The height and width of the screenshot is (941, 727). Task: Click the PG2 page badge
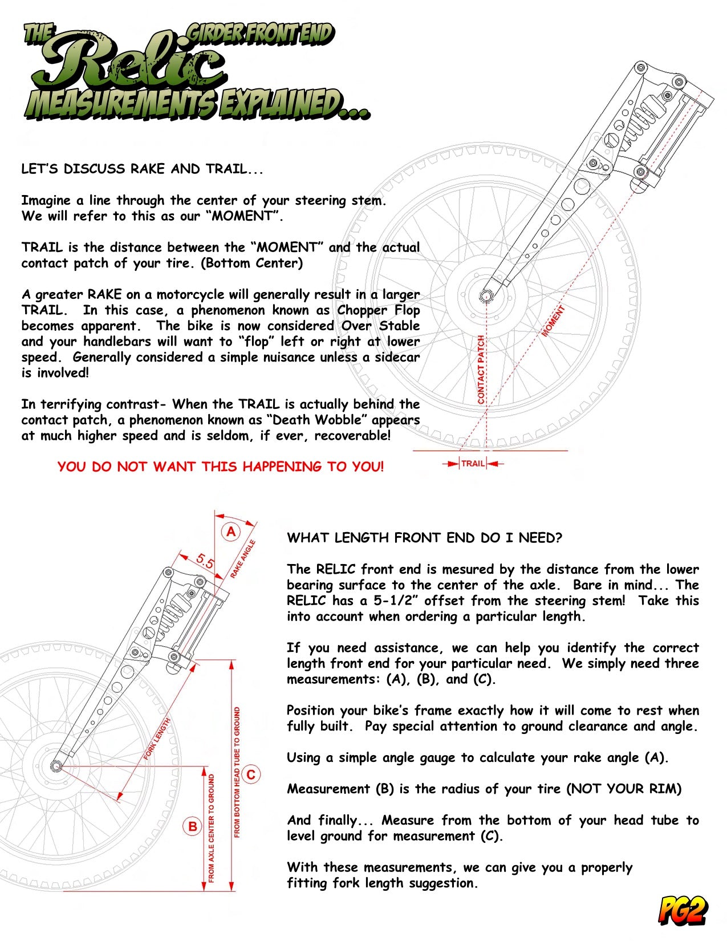(x=684, y=910)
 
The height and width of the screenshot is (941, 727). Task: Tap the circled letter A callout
(x=231, y=532)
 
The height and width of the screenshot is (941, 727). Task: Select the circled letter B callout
(x=193, y=826)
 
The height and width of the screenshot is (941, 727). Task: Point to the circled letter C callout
(x=251, y=774)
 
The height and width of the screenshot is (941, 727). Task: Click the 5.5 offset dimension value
(x=205, y=562)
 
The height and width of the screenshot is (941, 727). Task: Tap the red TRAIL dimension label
(x=473, y=464)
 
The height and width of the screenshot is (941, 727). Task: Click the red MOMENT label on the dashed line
(x=553, y=321)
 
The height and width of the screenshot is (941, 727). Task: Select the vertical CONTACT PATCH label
(x=481, y=370)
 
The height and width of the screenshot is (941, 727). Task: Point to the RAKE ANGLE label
(x=243, y=559)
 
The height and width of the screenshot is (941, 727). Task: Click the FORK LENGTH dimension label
(x=157, y=739)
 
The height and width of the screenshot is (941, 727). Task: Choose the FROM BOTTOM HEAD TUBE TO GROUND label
(x=237, y=773)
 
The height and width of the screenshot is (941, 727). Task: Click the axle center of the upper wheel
(x=486, y=296)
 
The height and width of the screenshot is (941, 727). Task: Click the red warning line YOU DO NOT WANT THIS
(x=221, y=467)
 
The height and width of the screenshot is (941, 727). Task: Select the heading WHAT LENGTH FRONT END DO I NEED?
(x=424, y=538)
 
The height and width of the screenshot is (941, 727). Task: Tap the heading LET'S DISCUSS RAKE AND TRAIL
(x=143, y=169)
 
